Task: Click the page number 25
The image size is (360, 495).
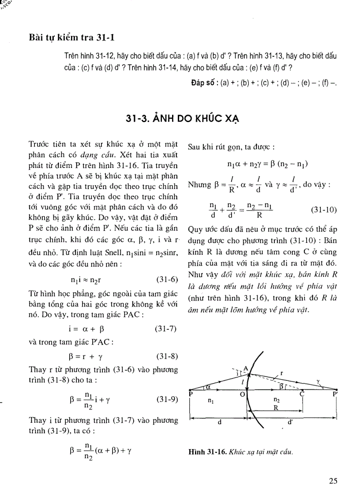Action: [x=333, y=481]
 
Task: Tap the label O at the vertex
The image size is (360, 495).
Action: [x=242, y=395]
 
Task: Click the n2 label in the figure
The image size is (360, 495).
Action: [x=277, y=401]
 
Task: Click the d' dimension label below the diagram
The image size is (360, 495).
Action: [x=290, y=422]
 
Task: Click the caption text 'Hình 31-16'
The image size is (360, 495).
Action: [x=206, y=451]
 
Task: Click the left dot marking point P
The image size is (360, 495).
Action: [x=190, y=391]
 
